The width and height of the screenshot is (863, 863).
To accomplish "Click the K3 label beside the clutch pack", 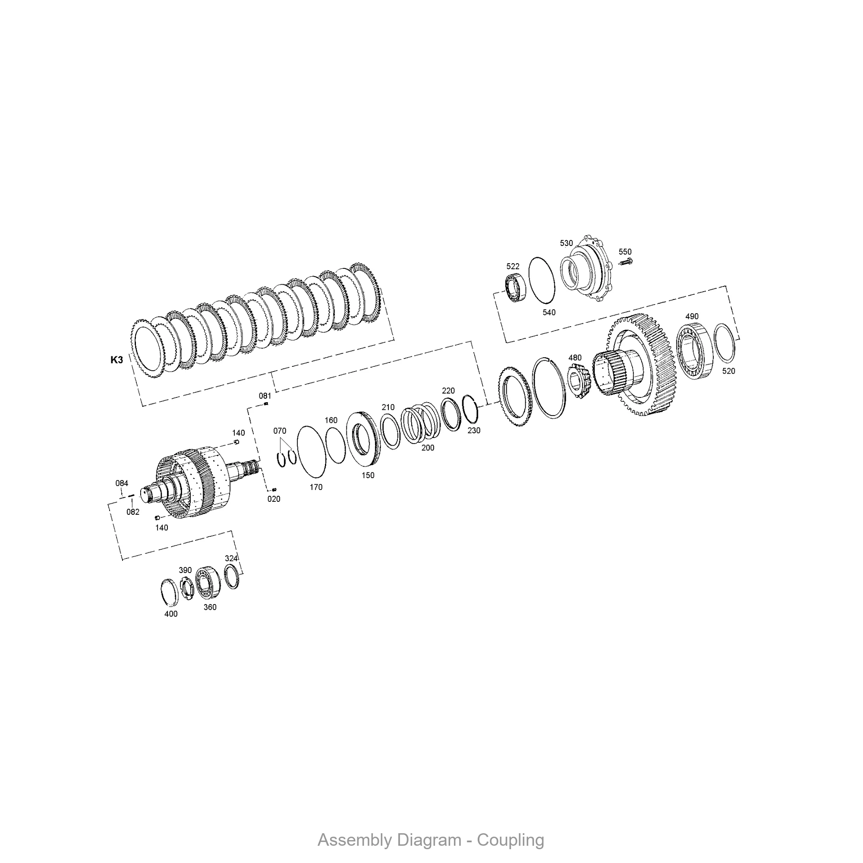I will pyautogui.click(x=117, y=359).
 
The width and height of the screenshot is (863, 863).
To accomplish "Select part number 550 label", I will pyautogui.click(x=625, y=252).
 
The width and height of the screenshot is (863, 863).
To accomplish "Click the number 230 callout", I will pyautogui.click(x=473, y=431).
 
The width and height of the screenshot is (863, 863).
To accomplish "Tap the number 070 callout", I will pyautogui.click(x=280, y=431).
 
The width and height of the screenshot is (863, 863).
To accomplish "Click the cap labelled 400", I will pyautogui.click(x=169, y=593).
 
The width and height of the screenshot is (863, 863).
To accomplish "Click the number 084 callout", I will pyautogui.click(x=122, y=483).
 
